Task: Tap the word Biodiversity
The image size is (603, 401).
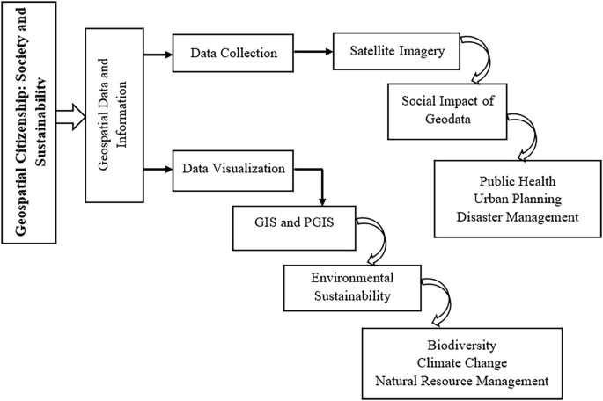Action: [462, 344]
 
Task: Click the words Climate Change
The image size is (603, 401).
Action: [462, 361]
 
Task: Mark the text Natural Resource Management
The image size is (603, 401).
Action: [462, 381]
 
